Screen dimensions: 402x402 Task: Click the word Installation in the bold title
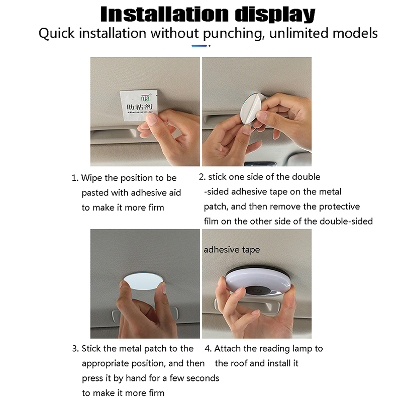[165, 15]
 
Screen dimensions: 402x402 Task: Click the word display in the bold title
[275, 15]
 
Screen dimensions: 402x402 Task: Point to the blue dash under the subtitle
[199, 46]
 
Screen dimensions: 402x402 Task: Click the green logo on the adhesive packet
[146, 97]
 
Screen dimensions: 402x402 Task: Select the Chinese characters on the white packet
[139, 107]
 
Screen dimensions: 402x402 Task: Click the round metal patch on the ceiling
[143, 281]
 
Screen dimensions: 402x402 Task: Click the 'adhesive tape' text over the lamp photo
[232, 250]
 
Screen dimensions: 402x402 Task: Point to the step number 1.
[74, 178]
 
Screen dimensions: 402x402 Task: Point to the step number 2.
[202, 177]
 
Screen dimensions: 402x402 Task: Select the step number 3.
[75, 349]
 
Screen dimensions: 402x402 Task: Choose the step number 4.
[208, 349]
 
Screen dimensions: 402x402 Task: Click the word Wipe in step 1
[91, 178]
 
